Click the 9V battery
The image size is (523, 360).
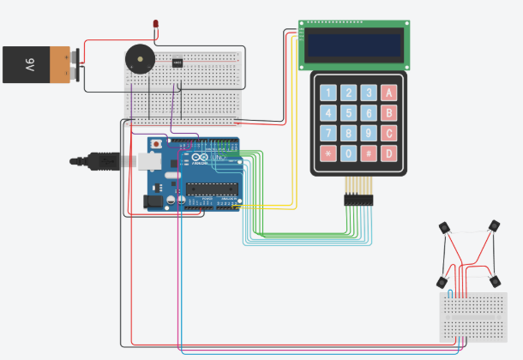pos(39,64)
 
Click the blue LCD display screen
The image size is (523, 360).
pos(354,45)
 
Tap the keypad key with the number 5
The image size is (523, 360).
pos(348,113)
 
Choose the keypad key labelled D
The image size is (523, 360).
pos(389,154)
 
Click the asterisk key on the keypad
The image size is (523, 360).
pos(328,154)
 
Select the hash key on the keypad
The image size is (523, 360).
pos(369,154)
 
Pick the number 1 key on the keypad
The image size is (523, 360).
pos(328,93)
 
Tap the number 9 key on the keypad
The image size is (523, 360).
pos(369,134)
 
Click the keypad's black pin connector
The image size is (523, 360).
pos(359,200)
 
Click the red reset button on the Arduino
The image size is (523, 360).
pos(157,144)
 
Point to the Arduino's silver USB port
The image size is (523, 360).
pos(151,160)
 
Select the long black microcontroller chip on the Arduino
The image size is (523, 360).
pos(211,189)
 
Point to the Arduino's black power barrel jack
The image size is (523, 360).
pos(153,202)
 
